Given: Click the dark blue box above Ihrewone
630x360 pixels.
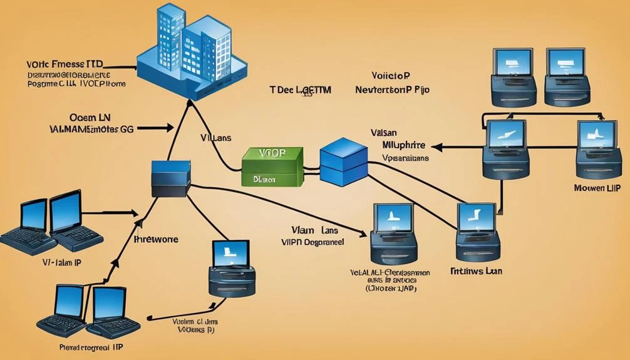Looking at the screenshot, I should pos(171,178).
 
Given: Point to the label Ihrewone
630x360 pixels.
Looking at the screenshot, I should pos(157,239).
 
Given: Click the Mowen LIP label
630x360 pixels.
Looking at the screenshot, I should pos(597,187).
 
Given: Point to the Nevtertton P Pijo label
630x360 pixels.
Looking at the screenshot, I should pos(392,90).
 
